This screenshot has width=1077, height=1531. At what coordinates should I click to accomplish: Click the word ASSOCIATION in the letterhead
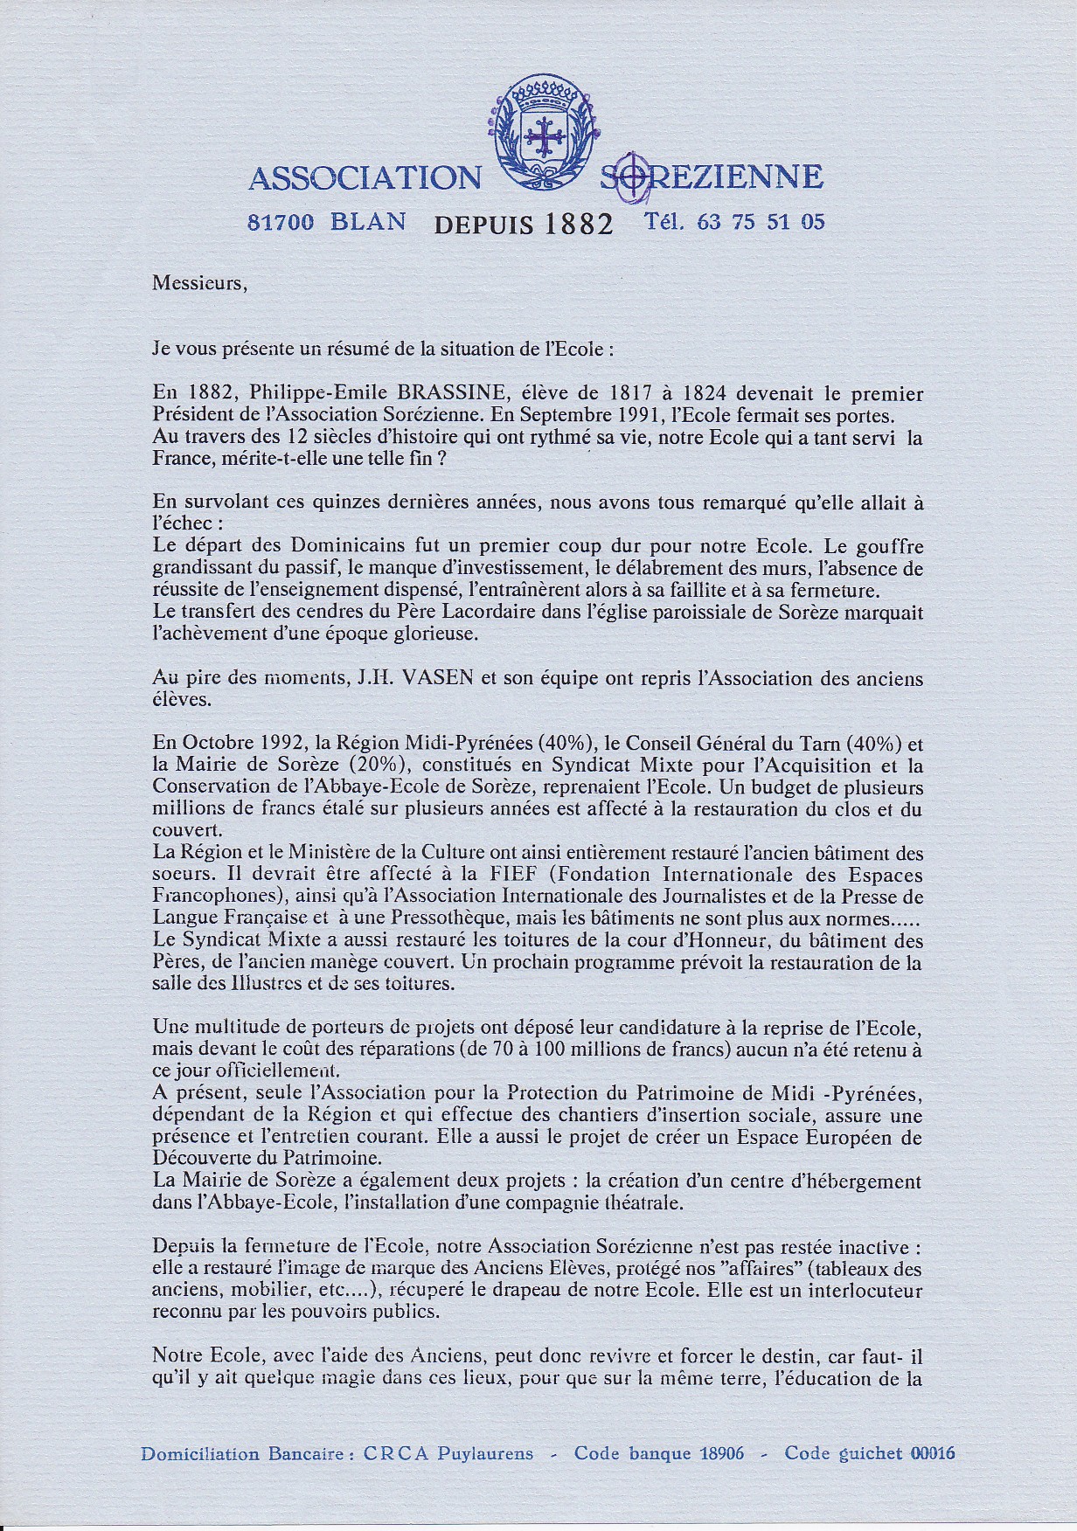(x=365, y=178)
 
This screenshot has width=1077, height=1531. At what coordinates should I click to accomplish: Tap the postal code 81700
(x=281, y=222)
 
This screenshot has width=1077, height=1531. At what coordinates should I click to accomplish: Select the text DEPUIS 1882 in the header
(x=524, y=224)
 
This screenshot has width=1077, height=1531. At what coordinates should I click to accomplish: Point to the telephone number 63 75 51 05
(x=761, y=222)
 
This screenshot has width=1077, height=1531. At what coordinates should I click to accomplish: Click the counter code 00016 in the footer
(x=933, y=1454)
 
